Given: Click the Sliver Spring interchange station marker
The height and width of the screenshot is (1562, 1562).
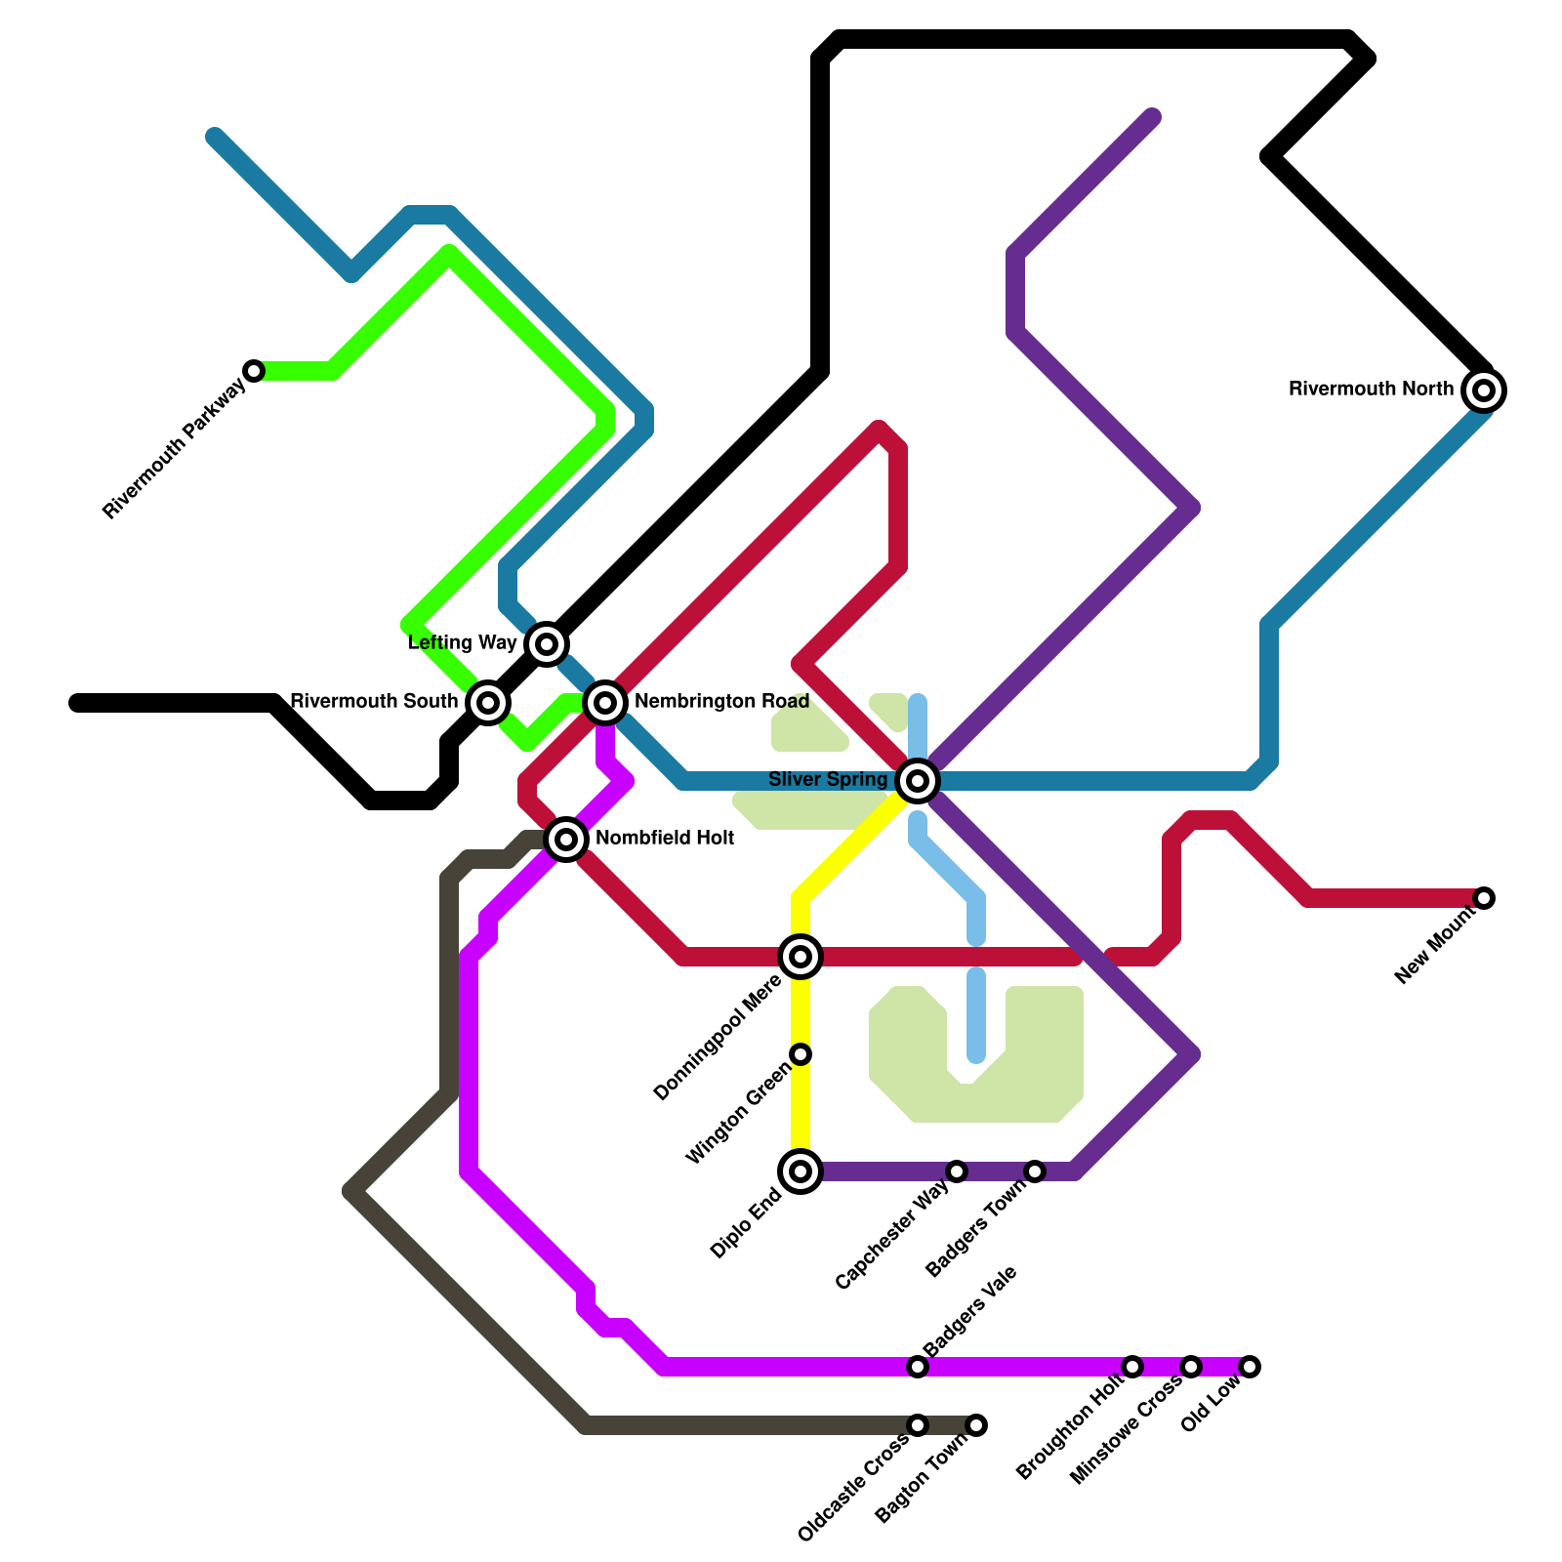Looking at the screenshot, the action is click(x=918, y=781).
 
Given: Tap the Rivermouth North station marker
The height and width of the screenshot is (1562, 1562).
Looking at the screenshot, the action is click(x=1484, y=390).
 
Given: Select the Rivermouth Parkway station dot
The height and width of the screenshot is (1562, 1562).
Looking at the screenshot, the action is click(x=254, y=371).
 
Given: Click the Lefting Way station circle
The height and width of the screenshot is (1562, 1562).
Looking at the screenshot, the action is click(x=547, y=644).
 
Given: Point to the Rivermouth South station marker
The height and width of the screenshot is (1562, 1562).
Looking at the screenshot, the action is click(x=488, y=702).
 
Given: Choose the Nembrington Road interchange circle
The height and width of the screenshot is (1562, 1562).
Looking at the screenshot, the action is click(x=605, y=702).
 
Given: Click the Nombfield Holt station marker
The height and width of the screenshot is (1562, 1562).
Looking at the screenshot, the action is click(x=566, y=840).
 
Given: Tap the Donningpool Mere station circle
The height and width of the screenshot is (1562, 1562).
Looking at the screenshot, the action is click(x=801, y=957).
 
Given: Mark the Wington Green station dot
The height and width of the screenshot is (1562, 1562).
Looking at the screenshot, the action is click(x=801, y=1054).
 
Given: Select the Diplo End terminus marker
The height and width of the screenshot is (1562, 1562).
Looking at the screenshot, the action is click(x=801, y=1171).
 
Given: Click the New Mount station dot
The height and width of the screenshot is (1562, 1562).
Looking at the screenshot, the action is click(x=1484, y=898).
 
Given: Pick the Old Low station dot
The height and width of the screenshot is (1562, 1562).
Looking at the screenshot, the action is click(x=1250, y=1367).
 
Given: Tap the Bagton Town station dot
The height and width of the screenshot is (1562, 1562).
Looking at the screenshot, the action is click(x=976, y=1425).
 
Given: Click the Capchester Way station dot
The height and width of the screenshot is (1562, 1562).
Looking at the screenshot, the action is click(x=957, y=1171).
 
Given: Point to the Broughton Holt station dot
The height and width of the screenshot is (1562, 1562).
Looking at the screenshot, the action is click(x=1132, y=1367).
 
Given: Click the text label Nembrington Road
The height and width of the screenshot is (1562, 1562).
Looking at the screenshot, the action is click(x=721, y=702).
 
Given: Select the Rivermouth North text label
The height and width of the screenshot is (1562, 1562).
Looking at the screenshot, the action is click(x=1371, y=390).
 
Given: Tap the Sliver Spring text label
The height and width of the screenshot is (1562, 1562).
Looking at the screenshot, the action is click(x=828, y=780).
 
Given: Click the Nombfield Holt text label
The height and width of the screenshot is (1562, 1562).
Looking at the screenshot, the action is click(x=665, y=839).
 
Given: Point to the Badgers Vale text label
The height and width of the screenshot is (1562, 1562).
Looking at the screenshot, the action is click(x=970, y=1310).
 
